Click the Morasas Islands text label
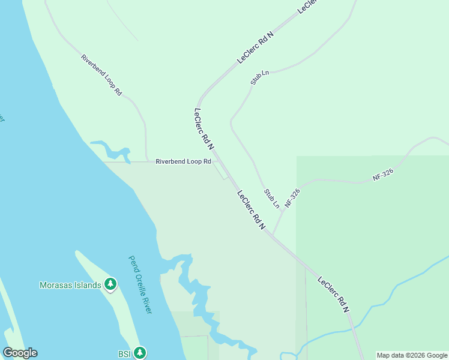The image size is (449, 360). [70, 285]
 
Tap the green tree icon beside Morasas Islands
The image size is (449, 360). [110, 284]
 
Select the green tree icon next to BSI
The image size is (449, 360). [140, 352]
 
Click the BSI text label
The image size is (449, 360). [124, 353]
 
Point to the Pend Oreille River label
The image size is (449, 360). [140, 284]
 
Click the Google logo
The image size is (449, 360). [20, 353]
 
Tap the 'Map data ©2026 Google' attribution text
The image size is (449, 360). [412, 355]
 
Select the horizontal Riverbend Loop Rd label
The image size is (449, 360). [183, 161]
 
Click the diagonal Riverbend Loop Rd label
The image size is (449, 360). [101, 76]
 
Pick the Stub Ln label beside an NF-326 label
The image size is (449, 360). [272, 199]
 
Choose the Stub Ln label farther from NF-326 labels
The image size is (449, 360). [260, 77]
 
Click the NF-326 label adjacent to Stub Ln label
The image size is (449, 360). [292, 199]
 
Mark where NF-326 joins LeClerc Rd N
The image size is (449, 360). [273, 235]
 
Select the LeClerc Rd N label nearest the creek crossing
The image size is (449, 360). [333, 294]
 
